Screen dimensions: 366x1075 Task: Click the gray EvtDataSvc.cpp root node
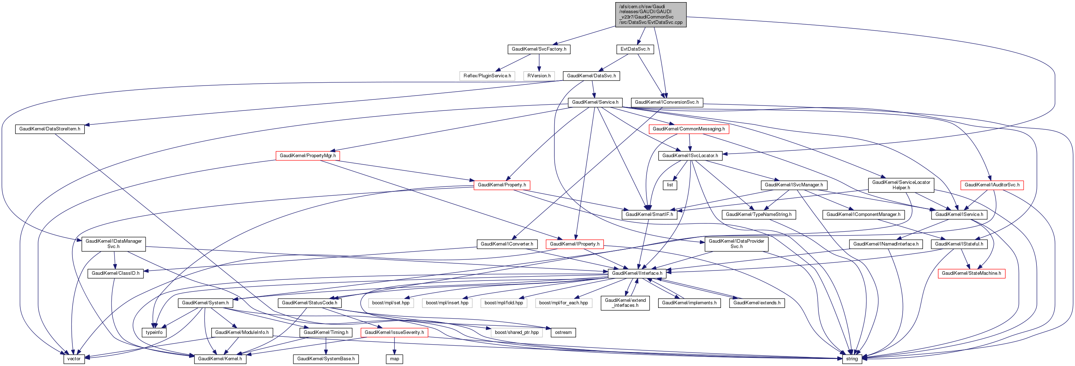650,15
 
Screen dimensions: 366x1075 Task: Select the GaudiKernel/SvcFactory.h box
539,49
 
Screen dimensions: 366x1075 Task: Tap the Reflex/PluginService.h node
487,76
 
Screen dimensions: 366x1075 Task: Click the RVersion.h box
539,76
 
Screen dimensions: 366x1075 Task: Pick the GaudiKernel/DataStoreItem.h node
50,129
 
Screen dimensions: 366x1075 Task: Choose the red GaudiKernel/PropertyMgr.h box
308,155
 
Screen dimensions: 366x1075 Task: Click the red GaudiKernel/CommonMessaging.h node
688,129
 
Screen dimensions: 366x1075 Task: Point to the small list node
670,185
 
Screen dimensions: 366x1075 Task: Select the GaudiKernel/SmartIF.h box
649,214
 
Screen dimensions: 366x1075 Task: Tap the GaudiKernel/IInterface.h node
637,273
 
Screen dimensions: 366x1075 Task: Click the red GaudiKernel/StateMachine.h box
971,273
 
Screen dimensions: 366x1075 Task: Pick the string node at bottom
852,359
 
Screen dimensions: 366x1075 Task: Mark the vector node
74,359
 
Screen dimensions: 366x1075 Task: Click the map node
394,359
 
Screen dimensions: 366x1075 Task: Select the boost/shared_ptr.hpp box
517,332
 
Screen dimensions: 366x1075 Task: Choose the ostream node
563,332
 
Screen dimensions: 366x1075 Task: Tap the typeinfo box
154,332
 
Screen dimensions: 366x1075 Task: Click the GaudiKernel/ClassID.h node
116,273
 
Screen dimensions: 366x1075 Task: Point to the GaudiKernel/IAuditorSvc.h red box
991,185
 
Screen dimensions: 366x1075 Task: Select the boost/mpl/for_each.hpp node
563,303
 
